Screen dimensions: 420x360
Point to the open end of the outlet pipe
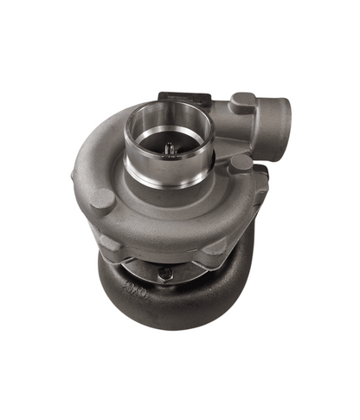pos(279,113)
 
